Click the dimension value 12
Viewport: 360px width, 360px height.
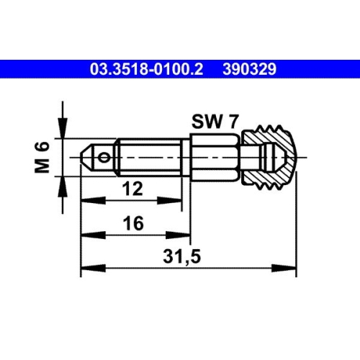131,189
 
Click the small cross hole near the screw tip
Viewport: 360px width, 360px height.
106,156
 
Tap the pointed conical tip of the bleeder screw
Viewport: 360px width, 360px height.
85,156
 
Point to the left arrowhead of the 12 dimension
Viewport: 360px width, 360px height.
84,201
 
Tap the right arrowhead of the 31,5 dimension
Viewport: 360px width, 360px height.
292,269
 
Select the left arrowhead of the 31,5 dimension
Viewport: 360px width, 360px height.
84,269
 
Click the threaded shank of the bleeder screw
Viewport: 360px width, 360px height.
148,156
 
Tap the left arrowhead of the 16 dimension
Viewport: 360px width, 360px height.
84,235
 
